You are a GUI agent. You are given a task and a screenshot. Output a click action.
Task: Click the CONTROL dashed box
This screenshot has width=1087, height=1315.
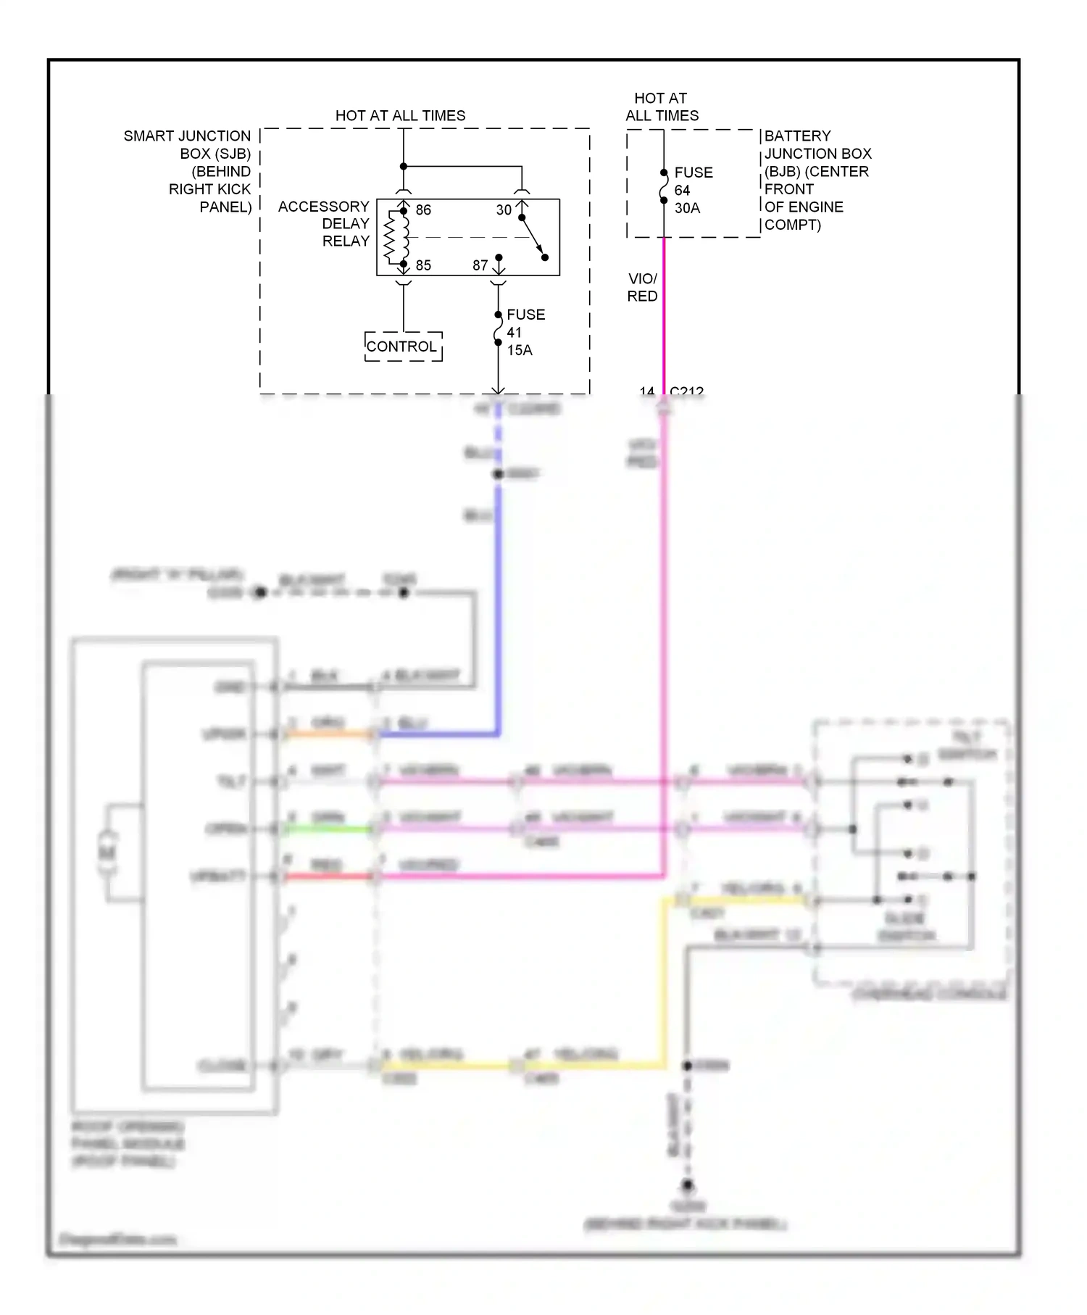pos(403,347)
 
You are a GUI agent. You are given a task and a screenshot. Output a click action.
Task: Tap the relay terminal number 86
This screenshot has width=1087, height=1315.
pos(423,210)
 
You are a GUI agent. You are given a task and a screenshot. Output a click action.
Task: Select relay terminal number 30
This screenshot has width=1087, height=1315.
pos(504,210)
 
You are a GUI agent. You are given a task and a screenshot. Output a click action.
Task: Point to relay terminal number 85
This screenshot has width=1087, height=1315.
pos(423,265)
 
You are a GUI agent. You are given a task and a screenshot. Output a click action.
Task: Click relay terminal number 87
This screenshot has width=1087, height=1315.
pos(480,265)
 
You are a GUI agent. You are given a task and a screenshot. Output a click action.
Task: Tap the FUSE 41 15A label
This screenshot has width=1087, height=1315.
pos(525,332)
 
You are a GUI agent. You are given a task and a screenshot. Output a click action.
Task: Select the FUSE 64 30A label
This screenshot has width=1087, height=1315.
pos(693,190)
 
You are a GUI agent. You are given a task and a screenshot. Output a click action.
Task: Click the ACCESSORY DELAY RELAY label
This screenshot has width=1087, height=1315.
pos(324,223)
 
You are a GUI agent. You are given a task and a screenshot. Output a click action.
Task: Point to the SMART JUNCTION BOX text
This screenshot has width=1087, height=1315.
pos(188,171)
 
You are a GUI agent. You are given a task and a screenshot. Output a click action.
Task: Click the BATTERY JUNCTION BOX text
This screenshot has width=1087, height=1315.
pos(817,180)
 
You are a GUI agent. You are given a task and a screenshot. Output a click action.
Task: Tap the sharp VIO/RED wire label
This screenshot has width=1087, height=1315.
pos(642,287)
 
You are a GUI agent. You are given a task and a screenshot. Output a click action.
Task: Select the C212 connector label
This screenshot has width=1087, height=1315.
pos(686,391)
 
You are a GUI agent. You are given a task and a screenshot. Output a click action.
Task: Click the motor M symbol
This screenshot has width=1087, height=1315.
pos(107,853)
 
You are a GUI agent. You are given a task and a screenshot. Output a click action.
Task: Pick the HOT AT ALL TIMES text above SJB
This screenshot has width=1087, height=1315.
pos(400,115)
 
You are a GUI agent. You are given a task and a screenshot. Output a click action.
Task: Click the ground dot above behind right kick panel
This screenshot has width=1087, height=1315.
pos(686,1185)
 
